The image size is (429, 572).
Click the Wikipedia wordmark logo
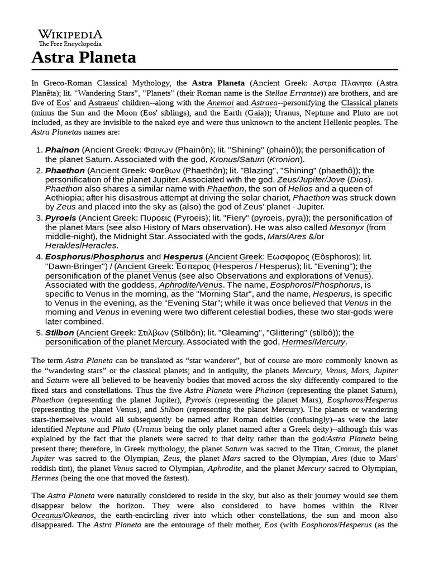tap(70, 35)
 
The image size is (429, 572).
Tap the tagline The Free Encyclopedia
tap(70, 44)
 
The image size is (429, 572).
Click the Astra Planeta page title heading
tap(84, 58)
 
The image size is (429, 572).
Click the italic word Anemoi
tap(220, 103)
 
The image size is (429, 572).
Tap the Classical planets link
tap(369, 103)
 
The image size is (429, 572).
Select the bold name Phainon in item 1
tap(62, 150)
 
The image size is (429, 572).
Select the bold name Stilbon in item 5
tap(59, 332)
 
